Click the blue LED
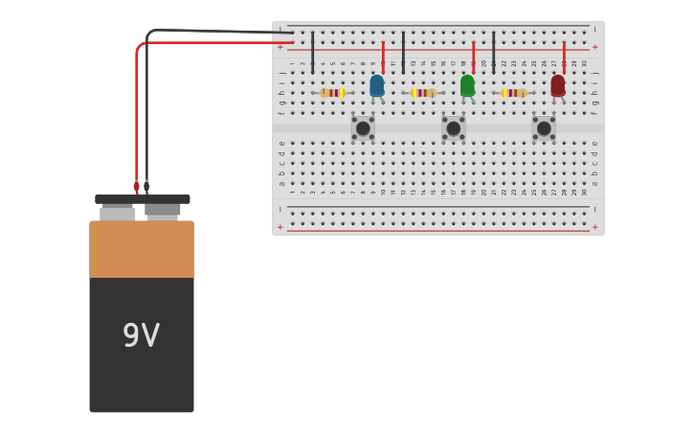(376, 86)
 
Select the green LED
(467, 86)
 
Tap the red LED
(557, 86)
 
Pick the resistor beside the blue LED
(331, 93)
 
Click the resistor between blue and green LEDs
(423, 93)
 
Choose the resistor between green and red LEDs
(514, 93)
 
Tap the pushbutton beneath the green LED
(453, 127)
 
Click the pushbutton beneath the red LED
(544, 127)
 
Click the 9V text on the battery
(141, 335)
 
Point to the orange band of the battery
(142, 249)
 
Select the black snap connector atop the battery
(142, 199)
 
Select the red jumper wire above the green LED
(473, 56)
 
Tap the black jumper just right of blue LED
(403, 52)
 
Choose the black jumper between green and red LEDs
(493, 52)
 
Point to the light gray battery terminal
(118, 214)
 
